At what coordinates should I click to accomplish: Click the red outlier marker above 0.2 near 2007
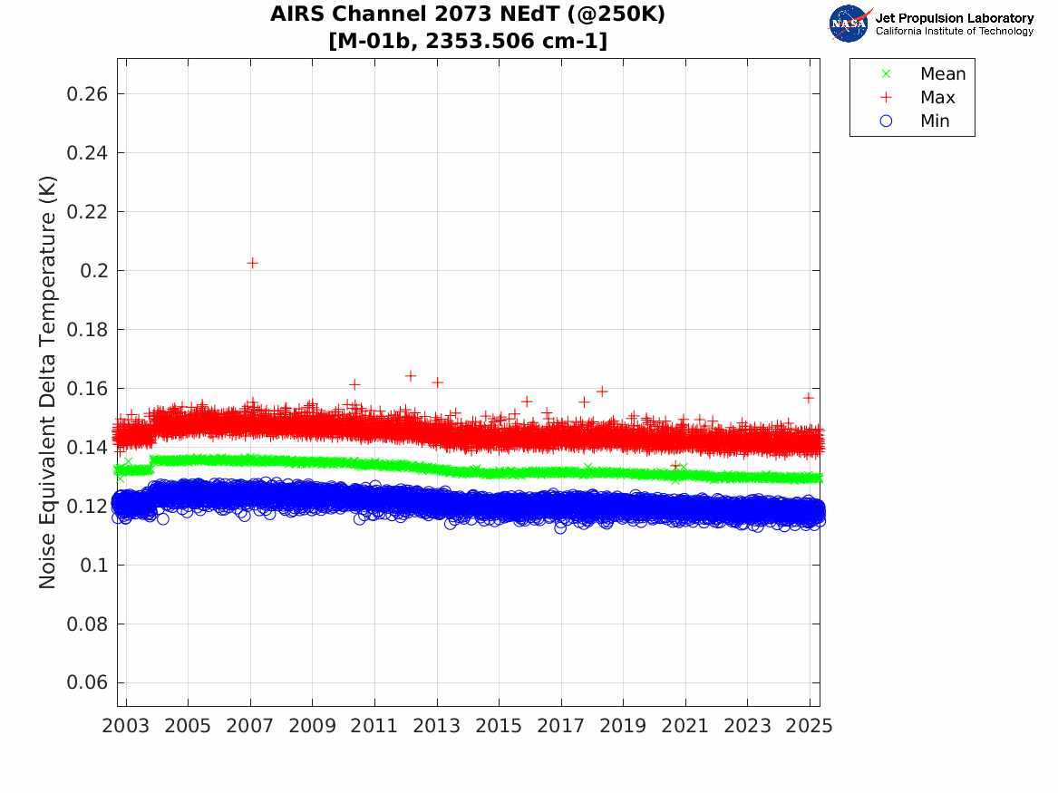click(x=252, y=263)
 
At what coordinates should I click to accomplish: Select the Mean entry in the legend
click(x=942, y=74)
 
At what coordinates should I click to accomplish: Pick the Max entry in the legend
click(x=937, y=98)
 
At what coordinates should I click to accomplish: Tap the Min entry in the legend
click(x=935, y=121)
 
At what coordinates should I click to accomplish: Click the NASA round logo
click(x=849, y=23)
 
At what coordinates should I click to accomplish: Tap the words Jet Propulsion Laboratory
click(x=954, y=18)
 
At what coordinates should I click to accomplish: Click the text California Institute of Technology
click(x=954, y=32)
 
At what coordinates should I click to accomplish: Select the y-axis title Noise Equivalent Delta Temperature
click(x=48, y=382)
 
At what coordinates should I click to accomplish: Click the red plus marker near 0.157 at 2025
click(x=808, y=398)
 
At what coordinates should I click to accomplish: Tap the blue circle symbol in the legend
click(x=887, y=121)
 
